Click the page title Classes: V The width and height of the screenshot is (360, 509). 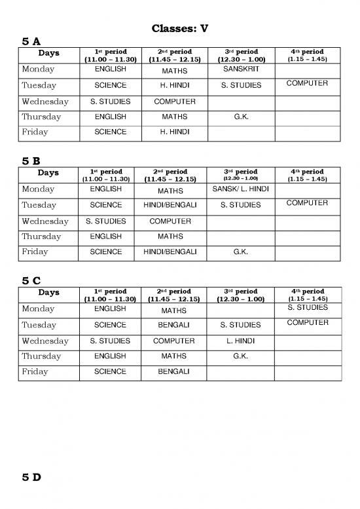(x=180, y=29)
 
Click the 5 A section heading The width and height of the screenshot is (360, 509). (x=31, y=41)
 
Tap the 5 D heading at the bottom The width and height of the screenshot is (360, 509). (x=31, y=477)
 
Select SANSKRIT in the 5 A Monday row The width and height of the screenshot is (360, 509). (x=240, y=69)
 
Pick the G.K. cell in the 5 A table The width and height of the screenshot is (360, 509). (x=240, y=117)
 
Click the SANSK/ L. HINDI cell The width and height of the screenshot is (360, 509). (x=240, y=189)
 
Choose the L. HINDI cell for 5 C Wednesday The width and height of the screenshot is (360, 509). (x=240, y=341)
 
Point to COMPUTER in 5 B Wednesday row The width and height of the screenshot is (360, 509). (x=174, y=221)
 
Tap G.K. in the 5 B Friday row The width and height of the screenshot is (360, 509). (x=240, y=252)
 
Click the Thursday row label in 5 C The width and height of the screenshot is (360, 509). (x=41, y=356)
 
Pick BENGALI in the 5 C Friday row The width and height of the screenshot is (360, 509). (x=174, y=371)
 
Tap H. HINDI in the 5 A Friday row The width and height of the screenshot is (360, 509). (x=174, y=132)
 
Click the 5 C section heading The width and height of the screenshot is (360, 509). (x=31, y=280)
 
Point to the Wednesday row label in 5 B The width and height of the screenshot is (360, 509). (x=45, y=221)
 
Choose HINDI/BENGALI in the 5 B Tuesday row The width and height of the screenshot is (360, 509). (x=174, y=205)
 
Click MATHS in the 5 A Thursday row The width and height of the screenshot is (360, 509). (x=174, y=117)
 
